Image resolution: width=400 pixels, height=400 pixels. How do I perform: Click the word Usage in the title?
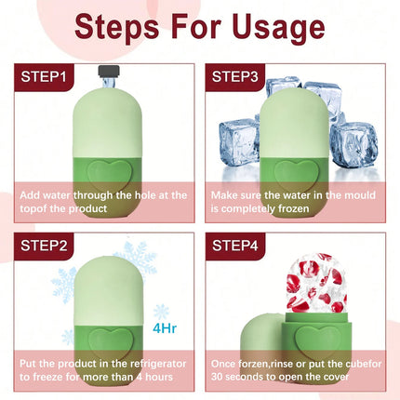pyautogui.click(x=278, y=27)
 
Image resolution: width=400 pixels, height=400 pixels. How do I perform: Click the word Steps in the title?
pyautogui.click(x=117, y=27)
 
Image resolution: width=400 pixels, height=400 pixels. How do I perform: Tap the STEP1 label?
pyautogui.click(x=44, y=76)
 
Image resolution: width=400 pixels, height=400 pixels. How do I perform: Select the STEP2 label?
pyautogui.click(x=44, y=246)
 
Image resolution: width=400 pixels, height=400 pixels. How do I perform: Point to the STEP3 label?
pyautogui.click(x=234, y=76)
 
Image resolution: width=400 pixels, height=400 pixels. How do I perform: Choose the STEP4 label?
pyautogui.click(x=235, y=246)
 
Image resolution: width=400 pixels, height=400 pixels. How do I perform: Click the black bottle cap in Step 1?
pyautogui.click(x=109, y=71)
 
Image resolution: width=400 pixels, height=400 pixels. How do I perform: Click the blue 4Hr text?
pyautogui.click(x=165, y=328)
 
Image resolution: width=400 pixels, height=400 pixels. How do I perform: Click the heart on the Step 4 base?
pyautogui.click(x=318, y=342)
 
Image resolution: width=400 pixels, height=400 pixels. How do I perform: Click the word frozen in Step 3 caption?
pyautogui.click(x=293, y=208)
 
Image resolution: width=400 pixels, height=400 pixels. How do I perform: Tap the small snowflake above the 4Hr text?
pyautogui.click(x=162, y=312)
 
